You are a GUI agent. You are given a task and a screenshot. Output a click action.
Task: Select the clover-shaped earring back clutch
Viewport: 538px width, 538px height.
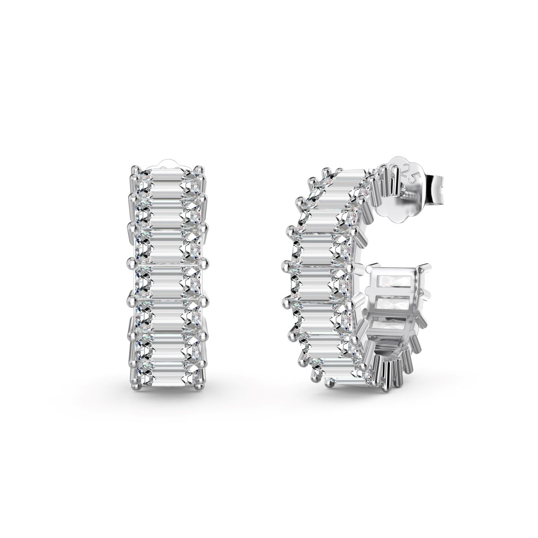pos(403,188)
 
